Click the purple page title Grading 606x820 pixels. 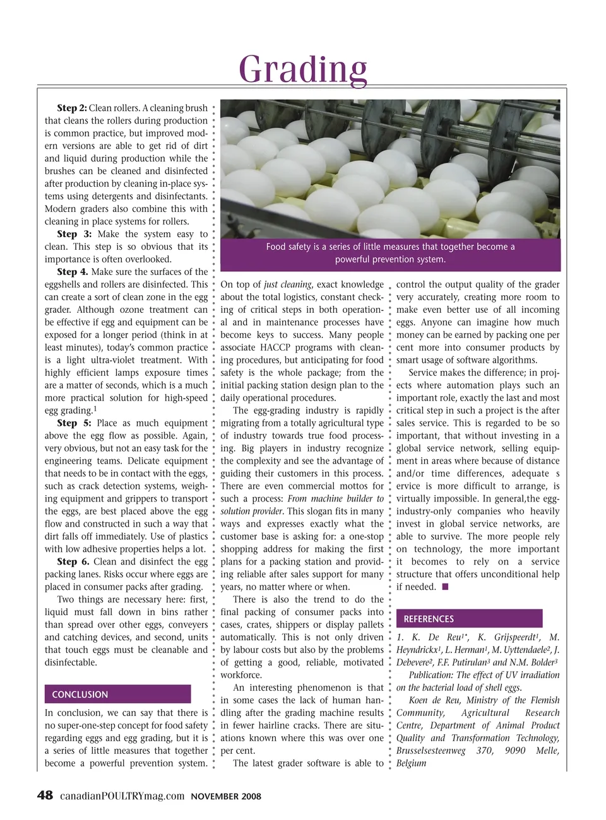tap(303, 69)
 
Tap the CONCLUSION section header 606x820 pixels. tap(80, 694)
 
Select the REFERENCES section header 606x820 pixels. tap(429, 619)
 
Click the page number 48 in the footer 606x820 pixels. tap(45, 795)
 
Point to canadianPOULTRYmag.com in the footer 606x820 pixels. tap(122, 796)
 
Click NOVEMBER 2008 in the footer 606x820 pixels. tap(226, 797)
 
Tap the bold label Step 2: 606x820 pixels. tap(71, 108)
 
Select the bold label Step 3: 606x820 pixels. tap(74, 234)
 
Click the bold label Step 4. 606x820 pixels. tap(72, 272)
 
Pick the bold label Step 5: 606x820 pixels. tap(74, 423)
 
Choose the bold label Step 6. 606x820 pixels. tap(73, 561)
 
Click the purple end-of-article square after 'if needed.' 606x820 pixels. tap(445, 587)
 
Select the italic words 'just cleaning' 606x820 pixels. tap(288, 284)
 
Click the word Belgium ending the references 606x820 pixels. tap(411, 763)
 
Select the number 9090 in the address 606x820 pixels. tap(515, 751)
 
